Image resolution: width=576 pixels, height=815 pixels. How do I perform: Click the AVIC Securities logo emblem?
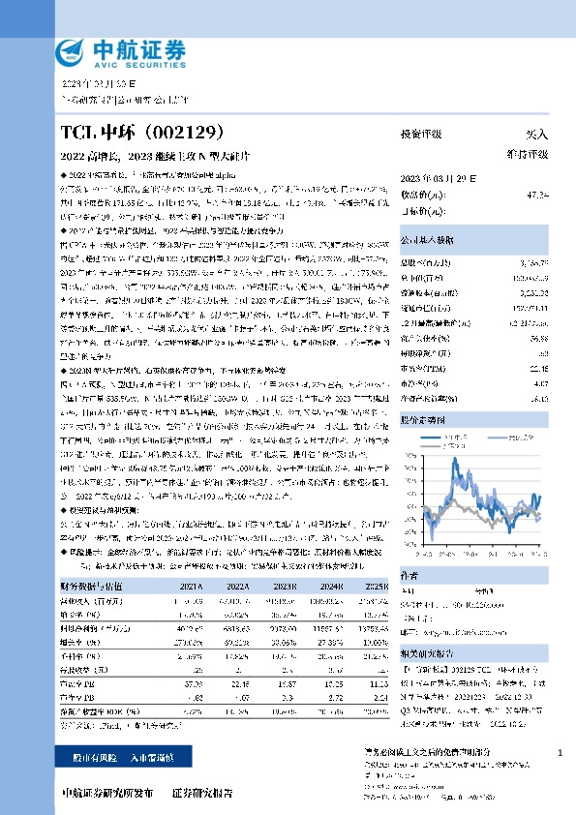click(76, 51)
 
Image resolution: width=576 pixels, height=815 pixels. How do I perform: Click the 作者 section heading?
click(409, 573)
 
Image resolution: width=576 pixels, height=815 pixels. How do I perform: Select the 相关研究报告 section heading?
click(427, 653)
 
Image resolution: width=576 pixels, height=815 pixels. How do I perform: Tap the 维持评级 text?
click(529, 154)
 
